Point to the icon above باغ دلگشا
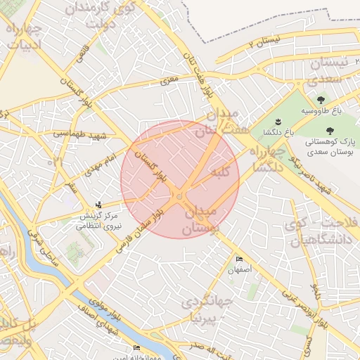click(277, 121)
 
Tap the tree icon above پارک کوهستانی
click(330, 130)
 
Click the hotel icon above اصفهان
click(239, 259)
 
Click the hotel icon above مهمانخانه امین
click(136, 348)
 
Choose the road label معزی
click(169, 82)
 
